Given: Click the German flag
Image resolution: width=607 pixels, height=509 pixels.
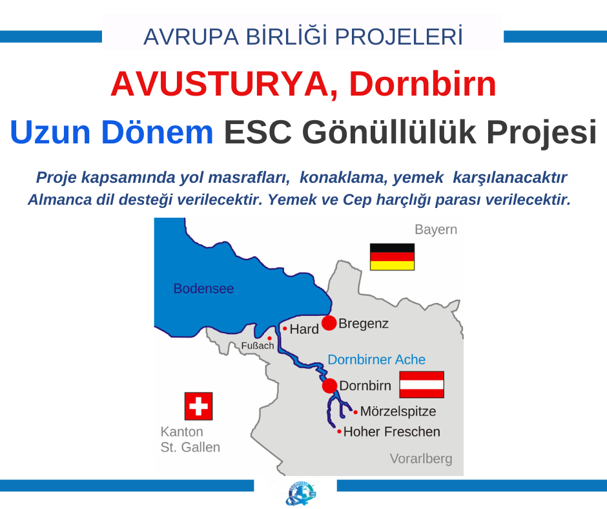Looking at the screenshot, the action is pyautogui.click(x=392, y=257).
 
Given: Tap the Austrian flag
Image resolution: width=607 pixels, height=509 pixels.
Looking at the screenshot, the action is pyautogui.click(x=422, y=384).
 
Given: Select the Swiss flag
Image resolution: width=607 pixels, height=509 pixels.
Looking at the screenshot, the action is pyautogui.click(x=199, y=406).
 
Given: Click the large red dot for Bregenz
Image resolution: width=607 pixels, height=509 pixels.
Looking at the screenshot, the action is pyautogui.click(x=329, y=323).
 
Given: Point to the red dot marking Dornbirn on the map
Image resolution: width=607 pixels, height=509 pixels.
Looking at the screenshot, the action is pyautogui.click(x=329, y=386).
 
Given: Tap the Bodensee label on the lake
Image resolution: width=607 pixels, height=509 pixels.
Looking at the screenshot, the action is pyautogui.click(x=203, y=289).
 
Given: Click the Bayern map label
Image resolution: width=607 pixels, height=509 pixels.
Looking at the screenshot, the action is pyautogui.click(x=436, y=230).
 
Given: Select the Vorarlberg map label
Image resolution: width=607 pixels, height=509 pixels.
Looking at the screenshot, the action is pyautogui.click(x=421, y=459).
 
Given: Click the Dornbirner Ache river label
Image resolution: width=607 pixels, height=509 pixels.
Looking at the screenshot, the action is pyautogui.click(x=376, y=360).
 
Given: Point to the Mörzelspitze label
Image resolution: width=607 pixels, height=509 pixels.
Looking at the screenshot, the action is pyautogui.click(x=398, y=411).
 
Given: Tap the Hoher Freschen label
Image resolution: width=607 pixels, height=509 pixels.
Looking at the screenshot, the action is pyautogui.click(x=392, y=431).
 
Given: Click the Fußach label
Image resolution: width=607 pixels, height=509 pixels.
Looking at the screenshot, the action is pyautogui.click(x=258, y=346).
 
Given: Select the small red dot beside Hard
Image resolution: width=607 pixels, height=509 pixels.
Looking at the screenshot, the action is pyautogui.click(x=285, y=329).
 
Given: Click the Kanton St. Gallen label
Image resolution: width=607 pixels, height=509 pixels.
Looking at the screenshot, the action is pyautogui.click(x=190, y=439).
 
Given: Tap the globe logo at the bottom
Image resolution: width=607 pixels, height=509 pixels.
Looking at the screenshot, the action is pyautogui.click(x=300, y=494).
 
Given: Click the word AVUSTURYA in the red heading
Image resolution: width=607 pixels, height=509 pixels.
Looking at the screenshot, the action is pyautogui.click(x=223, y=84).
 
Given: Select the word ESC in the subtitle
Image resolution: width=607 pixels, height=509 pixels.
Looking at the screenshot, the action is pyautogui.click(x=258, y=132).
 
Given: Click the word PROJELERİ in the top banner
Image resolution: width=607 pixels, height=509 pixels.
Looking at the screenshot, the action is pyautogui.click(x=398, y=37).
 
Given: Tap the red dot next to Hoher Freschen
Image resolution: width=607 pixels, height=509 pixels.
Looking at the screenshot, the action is pyautogui.click(x=339, y=431).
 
